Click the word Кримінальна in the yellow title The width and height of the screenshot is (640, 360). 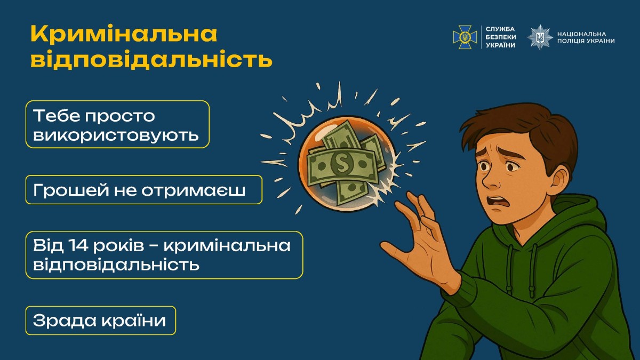tap(124, 35)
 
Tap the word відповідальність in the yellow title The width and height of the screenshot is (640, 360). tap(151, 60)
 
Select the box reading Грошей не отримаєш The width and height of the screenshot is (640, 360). tap(143, 190)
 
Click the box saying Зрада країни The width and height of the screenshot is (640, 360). tap(100, 321)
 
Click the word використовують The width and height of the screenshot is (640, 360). tap(116, 136)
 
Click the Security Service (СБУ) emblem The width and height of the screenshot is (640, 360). tap(465, 37)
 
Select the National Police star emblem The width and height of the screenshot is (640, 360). tap(540, 37)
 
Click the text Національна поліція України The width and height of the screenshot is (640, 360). tap(585, 37)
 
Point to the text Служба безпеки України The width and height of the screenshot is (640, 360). tap(500, 37)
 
